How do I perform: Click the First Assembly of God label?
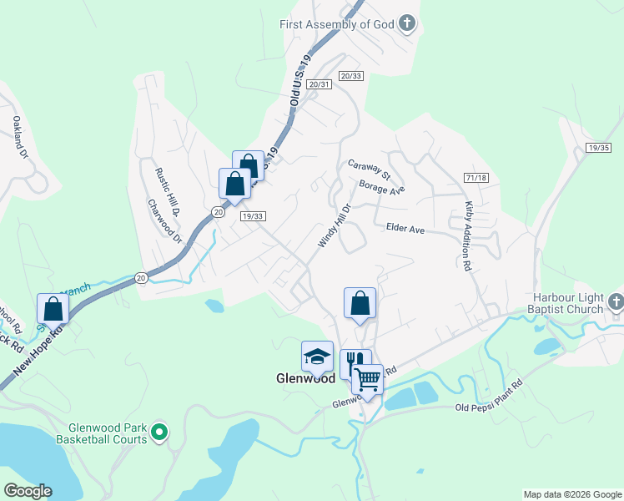336,24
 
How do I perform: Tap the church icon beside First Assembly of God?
406,23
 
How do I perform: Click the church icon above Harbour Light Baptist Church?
616,301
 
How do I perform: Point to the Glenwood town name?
305,377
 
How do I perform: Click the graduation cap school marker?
317,357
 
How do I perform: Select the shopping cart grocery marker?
367,380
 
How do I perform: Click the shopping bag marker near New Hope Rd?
53,308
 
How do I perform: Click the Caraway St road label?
370,170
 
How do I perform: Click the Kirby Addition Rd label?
468,235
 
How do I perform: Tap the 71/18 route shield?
476,178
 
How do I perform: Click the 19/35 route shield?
599,148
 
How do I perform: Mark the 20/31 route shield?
320,84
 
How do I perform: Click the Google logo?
28,490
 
